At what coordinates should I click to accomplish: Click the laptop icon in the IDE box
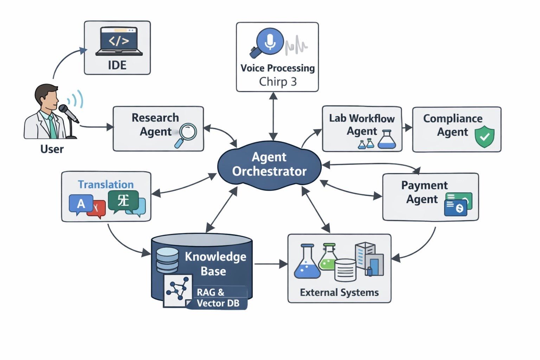coord(119,42)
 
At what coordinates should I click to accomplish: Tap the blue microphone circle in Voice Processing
coord(270,41)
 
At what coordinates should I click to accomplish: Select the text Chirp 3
coord(278,82)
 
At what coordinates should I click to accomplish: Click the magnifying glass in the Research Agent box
coord(186,135)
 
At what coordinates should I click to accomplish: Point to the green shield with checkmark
coord(484,136)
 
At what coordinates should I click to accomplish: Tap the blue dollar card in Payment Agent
coord(456,208)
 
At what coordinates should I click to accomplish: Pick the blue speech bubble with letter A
coord(81,204)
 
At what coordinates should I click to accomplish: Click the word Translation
coord(106,185)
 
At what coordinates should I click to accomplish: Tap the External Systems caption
coord(339,292)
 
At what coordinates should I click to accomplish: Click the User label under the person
coord(52,149)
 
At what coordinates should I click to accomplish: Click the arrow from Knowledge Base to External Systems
coord(271,264)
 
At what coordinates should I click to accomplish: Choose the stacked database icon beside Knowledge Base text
coord(167,260)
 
